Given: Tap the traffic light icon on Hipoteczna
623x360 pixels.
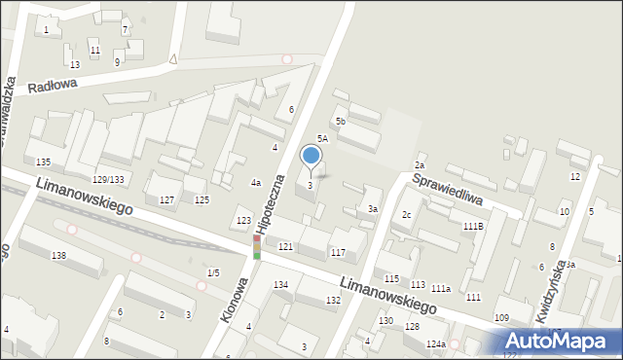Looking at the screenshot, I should click(x=257, y=246).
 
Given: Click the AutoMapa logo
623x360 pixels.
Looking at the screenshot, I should click(x=560, y=342).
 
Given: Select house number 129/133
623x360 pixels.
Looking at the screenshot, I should click(x=108, y=179).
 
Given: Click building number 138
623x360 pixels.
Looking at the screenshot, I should click(x=59, y=255).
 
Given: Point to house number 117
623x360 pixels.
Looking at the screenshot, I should click(x=338, y=253).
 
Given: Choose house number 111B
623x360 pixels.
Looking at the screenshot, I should click(x=473, y=226).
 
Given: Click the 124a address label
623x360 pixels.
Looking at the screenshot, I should click(x=435, y=344).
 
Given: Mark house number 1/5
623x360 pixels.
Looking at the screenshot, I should click(x=213, y=272).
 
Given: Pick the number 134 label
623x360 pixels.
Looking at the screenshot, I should click(x=280, y=284).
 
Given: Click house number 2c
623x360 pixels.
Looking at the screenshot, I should click(x=407, y=215).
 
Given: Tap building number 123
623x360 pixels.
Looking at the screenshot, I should click(x=243, y=222).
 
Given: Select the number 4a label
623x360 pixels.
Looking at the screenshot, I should click(x=256, y=183).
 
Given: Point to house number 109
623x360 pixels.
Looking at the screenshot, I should click(x=501, y=318).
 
